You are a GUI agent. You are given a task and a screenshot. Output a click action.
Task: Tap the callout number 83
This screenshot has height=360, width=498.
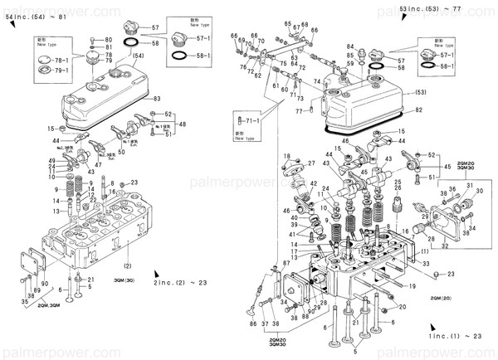pos(157,99)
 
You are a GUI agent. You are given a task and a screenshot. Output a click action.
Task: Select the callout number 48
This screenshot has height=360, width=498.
pos(183,124)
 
